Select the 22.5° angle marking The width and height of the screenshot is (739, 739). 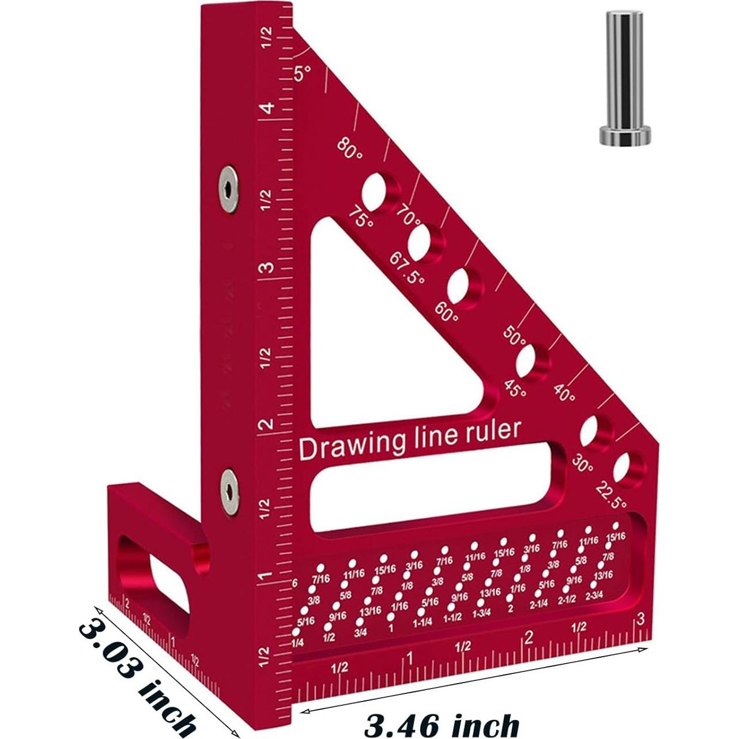point(610,495)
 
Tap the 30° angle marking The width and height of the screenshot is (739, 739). point(583,463)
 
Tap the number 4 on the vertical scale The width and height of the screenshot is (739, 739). point(266,109)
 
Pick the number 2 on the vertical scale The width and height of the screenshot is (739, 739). point(266,425)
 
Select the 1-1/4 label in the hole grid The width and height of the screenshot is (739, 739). point(422,623)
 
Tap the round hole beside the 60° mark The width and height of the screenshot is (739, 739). point(465,286)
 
